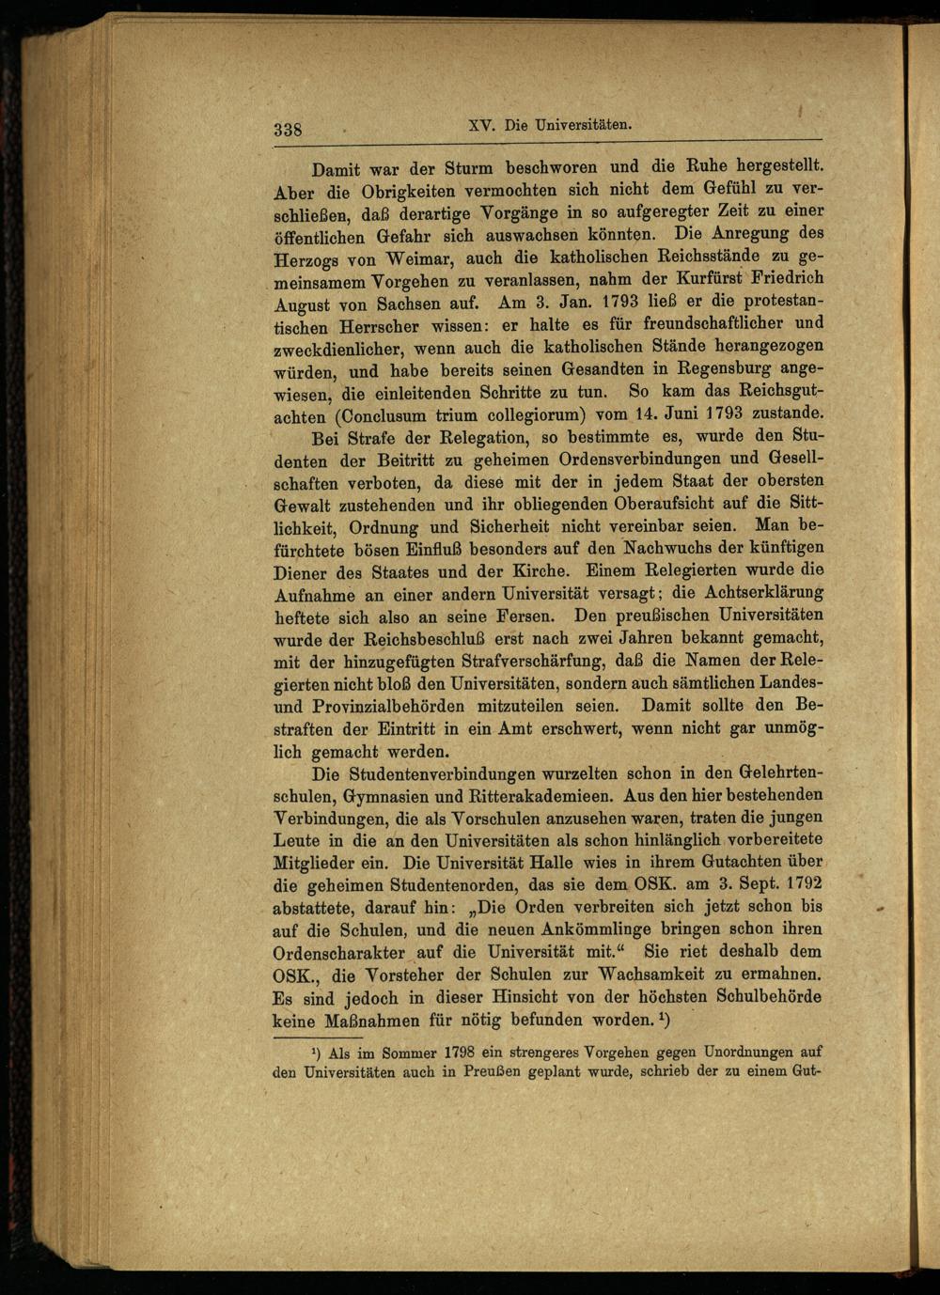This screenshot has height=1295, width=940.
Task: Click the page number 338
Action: pos(287,130)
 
